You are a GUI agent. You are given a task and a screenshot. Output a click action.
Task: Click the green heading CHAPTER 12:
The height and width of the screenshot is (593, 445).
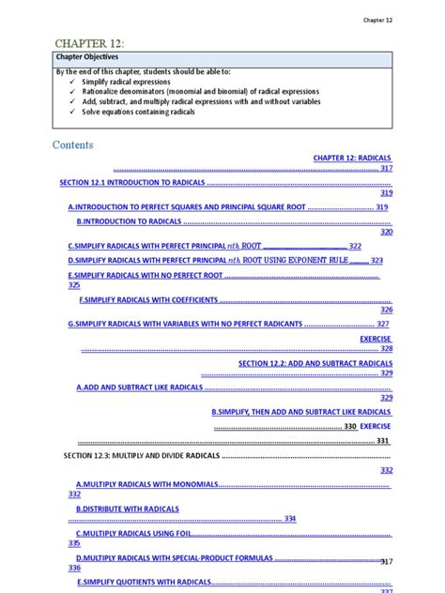point(89,43)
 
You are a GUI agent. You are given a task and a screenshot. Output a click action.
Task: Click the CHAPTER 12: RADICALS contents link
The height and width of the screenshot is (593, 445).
point(352,158)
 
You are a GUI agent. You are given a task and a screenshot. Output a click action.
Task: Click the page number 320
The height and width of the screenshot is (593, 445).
point(386,232)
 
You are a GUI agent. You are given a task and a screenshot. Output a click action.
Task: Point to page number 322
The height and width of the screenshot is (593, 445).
point(355,246)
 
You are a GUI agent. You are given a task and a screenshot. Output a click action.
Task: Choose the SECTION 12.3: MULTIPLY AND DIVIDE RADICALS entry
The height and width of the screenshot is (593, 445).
point(141,455)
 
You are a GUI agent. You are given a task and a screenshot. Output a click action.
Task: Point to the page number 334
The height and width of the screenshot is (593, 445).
point(290,518)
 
